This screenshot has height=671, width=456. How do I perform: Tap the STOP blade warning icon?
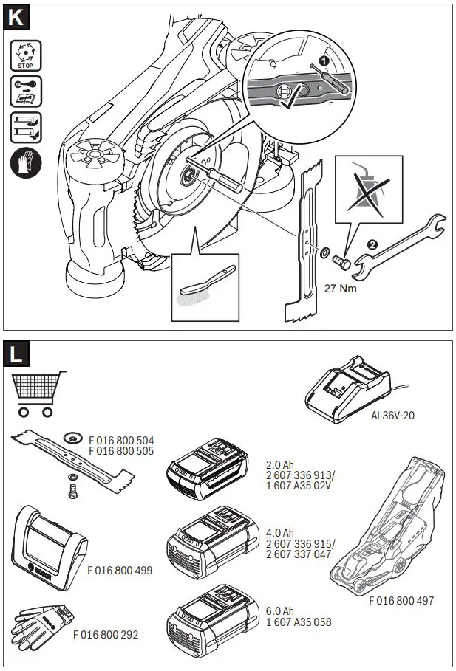tap(25, 55)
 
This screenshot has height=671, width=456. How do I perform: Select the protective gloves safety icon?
tap(25, 161)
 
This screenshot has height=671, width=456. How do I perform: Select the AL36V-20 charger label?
tap(393, 416)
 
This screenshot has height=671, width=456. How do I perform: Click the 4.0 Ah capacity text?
tap(279, 533)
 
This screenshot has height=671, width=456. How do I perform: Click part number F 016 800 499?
tap(120, 570)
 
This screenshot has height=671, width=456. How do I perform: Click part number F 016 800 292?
tap(105, 633)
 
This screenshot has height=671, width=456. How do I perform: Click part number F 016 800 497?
tap(401, 601)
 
